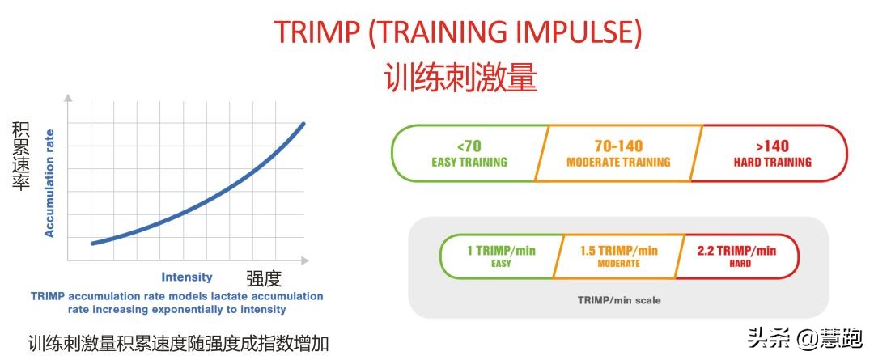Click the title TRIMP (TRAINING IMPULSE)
[458, 32]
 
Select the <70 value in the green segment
[469, 146]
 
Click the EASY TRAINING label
[469, 162]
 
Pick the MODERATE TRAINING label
[618, 162]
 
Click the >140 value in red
[772, 146]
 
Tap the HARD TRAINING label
[772, 162]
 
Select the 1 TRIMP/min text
[501, 251]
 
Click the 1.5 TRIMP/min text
[619, 251]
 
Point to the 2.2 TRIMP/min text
[736, 251]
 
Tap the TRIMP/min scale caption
[618, 300]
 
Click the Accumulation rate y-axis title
[49, 183]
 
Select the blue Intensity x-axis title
[187, 277]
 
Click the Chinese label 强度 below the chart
[264, 279]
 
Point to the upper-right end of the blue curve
[303, 124]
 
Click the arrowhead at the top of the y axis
[68, 97]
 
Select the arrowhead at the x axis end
[305, 260]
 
